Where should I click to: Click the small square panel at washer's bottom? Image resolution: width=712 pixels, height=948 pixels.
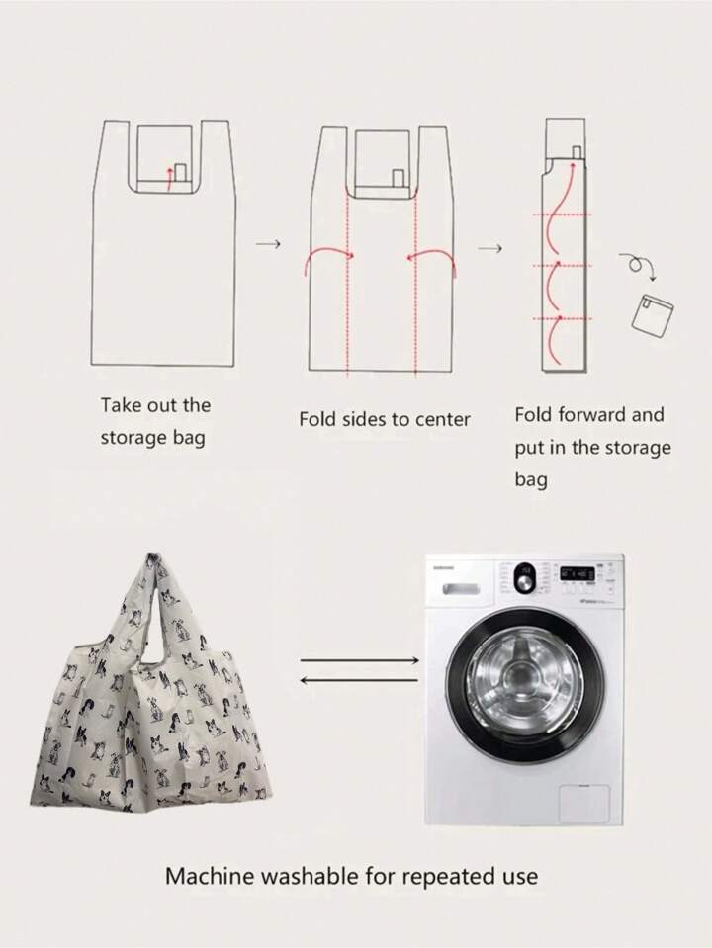pos(584,804)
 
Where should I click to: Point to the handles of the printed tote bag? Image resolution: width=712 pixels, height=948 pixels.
pos(158,605)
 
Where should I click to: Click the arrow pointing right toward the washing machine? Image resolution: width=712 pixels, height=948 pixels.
pos(359,660)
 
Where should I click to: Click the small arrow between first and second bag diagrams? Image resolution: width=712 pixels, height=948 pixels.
pos(269,244)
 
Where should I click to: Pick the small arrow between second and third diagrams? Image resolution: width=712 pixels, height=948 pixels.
pos(490,248)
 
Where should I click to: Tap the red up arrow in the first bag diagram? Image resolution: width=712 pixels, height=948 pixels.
pos(169,180)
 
